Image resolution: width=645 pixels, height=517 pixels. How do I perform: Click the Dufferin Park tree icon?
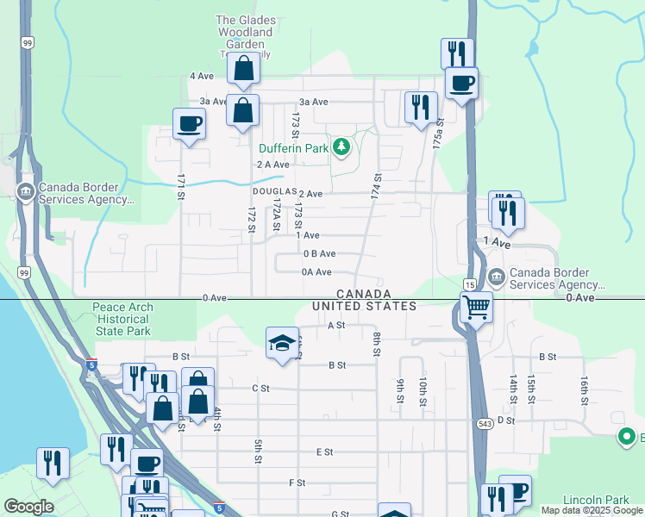click(342, 147)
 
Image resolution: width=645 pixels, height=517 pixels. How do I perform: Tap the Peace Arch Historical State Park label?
click(122, 319)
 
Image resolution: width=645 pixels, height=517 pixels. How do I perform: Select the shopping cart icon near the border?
click(476, 307)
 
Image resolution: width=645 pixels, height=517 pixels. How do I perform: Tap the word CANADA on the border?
click(364, 294)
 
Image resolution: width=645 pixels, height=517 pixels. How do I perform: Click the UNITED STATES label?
click(364, 306)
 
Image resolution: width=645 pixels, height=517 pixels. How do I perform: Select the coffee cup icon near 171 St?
click(189, 124)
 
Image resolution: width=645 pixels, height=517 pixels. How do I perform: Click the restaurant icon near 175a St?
click(420, 107)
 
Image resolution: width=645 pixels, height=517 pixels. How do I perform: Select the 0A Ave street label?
click(316, 272)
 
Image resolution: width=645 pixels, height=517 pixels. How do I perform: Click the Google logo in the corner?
click(28, 507)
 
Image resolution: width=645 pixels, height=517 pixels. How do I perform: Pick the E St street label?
click(324, 452)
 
